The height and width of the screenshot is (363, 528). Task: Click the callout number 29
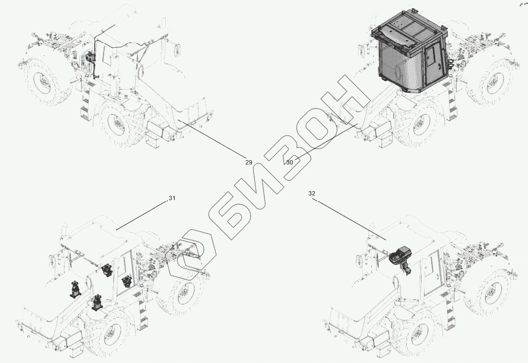(248, 162)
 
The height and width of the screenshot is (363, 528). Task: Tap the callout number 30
(290, 162)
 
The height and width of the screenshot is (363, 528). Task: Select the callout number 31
(172, 198)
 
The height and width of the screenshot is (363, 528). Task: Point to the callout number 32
(312, 193)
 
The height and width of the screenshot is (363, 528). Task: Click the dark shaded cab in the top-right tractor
(409, 51)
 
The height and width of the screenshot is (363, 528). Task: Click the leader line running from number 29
(212, 138)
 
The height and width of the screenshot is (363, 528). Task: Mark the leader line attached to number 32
(350, 220)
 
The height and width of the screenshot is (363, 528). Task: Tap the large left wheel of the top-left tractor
(47, 81)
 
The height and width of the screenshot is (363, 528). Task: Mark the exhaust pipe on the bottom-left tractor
(62, 233)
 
